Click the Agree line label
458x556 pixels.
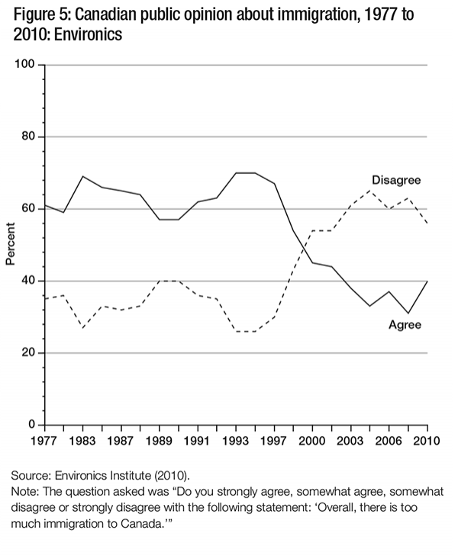click(x=405, y=325)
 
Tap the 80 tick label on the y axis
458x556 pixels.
click(x=29, y=137)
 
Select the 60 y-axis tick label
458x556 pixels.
click(x=29, y=209)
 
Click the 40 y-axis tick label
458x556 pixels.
click(x=29, y=281)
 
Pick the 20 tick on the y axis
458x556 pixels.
click(x=29, y=353)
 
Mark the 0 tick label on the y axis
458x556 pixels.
click(x=32, y=425)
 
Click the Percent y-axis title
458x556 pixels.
click(x=11, y=244)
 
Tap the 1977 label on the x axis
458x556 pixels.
click(x=45, y=441)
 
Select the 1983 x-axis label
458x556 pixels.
click(x=81, y=441)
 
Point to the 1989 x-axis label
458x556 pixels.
click(x=159, y=441)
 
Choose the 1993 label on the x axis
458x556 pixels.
click(x=236, y=441)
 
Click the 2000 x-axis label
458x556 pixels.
click(x=312, y=441)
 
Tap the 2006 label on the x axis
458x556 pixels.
click(x=389, y=441)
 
